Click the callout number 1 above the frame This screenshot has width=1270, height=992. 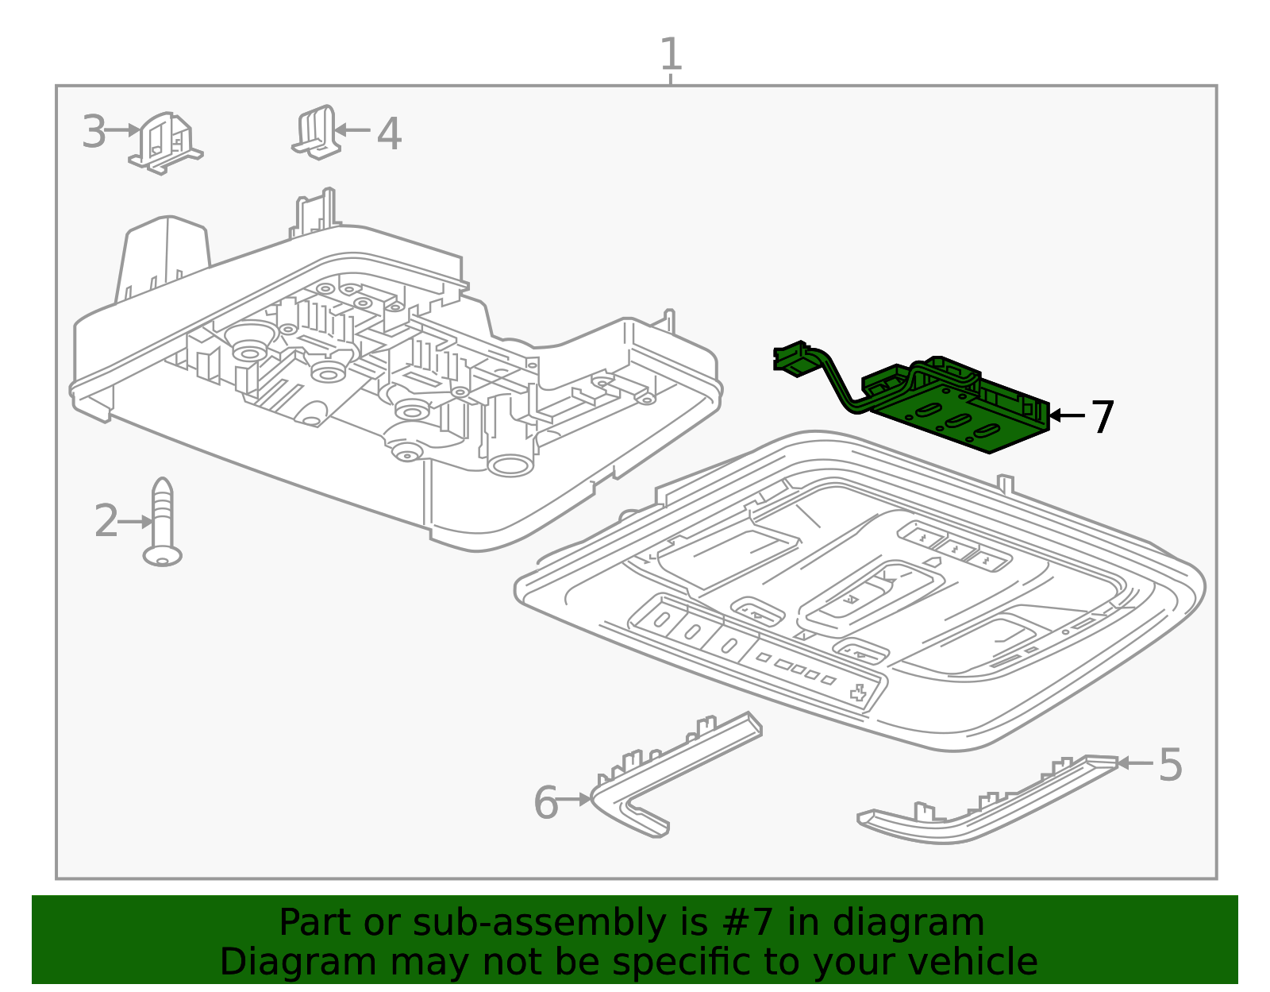point(671,54)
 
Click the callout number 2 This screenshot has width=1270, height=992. point(106,520)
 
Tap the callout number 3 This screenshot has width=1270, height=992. point(94,132)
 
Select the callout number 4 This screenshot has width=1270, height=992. point(389,134)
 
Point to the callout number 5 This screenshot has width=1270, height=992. point(1171,765)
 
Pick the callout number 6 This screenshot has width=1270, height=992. point(546,803)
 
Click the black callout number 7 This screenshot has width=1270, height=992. point(1103,418)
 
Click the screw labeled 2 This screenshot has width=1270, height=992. point(163,522)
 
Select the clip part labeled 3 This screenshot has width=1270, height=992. point(166,143)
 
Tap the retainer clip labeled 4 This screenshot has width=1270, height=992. point(317,133)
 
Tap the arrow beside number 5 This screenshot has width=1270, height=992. point(1136,762)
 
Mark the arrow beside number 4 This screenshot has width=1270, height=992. point(352,129)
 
